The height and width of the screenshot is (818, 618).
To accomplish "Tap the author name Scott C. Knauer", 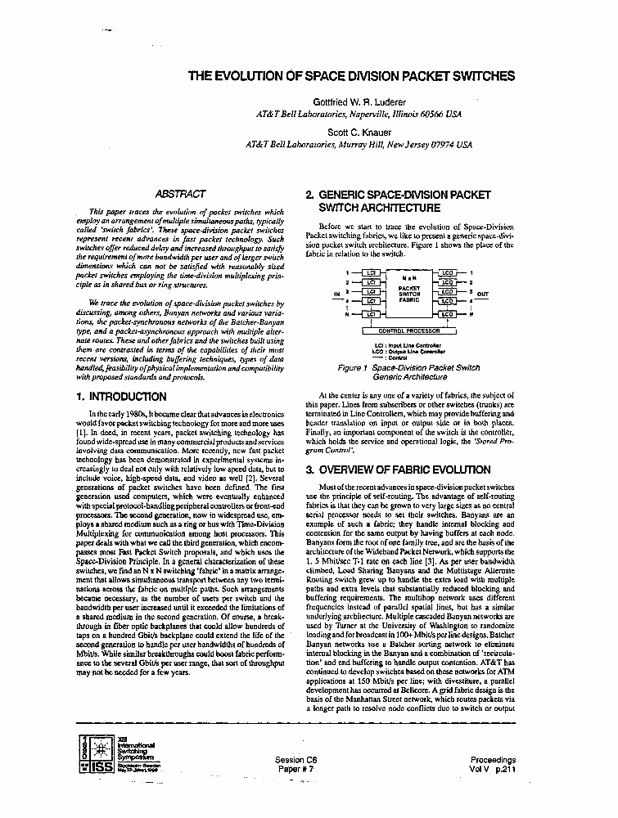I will [359, 131].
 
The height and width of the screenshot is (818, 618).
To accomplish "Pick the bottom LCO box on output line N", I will [447, 314].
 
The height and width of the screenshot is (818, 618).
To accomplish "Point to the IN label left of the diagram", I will [336, 294].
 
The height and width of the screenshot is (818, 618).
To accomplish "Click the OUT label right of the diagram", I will [482, 294].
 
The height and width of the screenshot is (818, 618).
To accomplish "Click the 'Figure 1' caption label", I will [354, 369].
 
